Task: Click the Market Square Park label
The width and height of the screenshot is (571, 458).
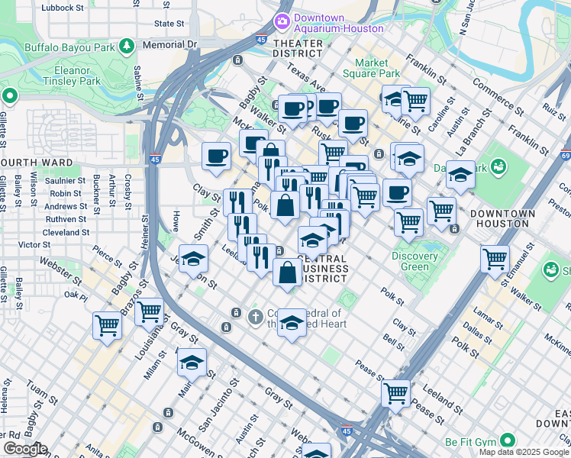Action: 377,68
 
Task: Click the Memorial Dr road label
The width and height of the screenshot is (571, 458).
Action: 169,45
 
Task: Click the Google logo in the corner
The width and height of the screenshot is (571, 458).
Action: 25,449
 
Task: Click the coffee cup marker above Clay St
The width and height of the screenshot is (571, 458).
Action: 217,155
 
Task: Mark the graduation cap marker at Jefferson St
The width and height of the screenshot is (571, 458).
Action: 194,257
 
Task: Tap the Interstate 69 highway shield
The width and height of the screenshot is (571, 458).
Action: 566,156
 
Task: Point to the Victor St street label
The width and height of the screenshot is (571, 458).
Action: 34,244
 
